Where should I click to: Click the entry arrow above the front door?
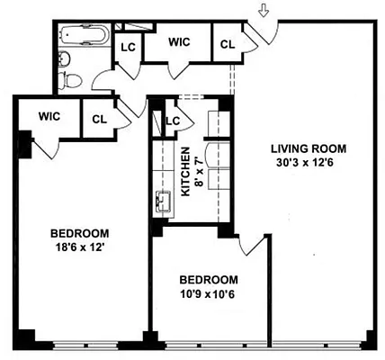click(x=263, y=12)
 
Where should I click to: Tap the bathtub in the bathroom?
click(x=82, y=39)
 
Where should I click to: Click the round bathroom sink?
click(x=61, y=59)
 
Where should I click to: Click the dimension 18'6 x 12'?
click(x=79, y=246)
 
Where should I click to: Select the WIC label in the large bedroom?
click(x=49, y=116)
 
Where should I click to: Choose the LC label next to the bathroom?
click(x=128, y=48)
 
